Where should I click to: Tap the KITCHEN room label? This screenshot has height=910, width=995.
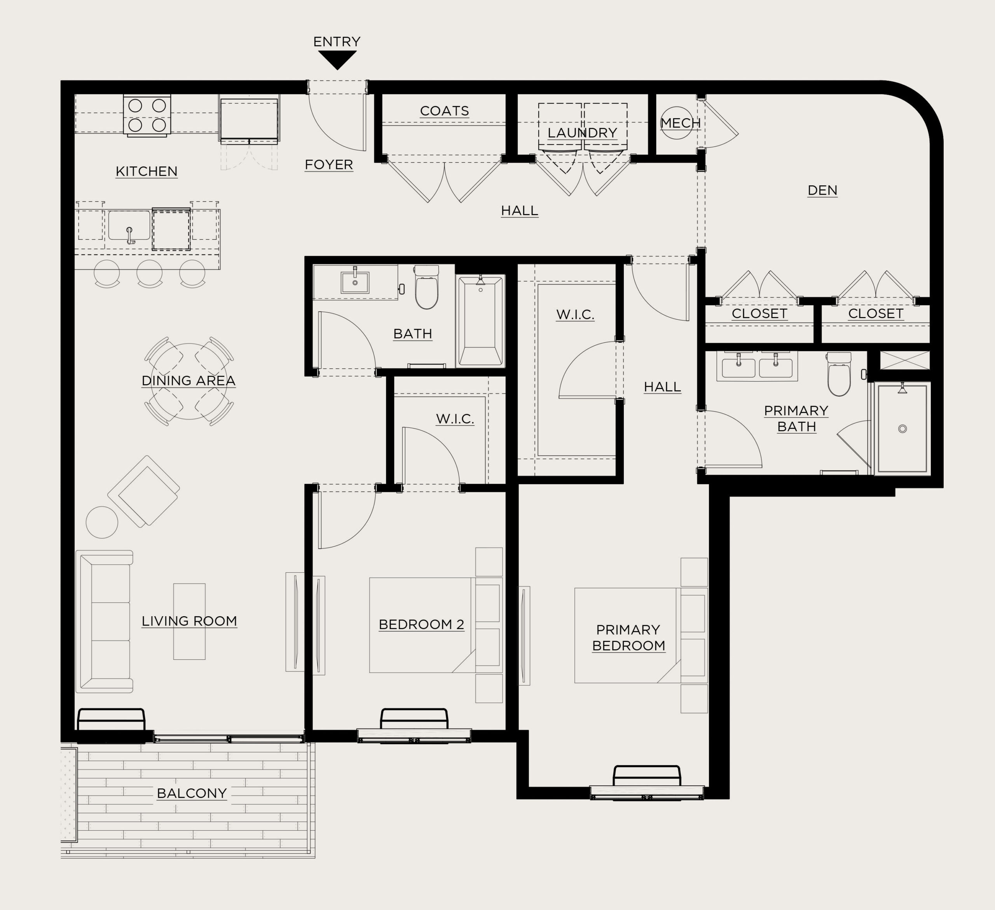pyautogui.click(x=147, y=171)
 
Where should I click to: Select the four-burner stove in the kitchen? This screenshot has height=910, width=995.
pyautogui.click(x=147, y=115)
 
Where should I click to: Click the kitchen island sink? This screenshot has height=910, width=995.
pyautogui.click(x=129, y=226)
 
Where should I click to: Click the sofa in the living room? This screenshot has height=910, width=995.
pyautogui.click(x=105, y=621)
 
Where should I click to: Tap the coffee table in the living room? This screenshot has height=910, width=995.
pyautogui.click(x=189, y=621)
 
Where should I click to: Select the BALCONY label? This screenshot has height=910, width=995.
pyautogui.click(x=192, y=793)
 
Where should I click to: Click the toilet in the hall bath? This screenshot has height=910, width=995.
pyautogui.click(x=426, y=287)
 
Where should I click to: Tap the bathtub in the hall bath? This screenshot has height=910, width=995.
pyautogui.click(x=481, y=321)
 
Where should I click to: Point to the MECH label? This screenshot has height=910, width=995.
pyautogui.click(x=681, y=123)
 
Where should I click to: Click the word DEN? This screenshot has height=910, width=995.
pyautogui.click(x=822, y=190)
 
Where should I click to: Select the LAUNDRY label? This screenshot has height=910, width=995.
pyautogui.click(x=582, y=133)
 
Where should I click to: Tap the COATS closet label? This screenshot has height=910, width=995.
pyautogui.click(x=444, y=111)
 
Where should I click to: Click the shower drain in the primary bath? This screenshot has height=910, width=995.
pyautogui.click(x=903, y=429)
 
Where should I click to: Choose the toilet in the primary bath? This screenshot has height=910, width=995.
pyautogui.click(x=839, y=373)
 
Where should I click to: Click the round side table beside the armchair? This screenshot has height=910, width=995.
pyautogui.click(x=102, y=522)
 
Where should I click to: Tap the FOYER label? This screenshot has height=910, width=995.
pyautogui.click(x=329, y=164)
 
